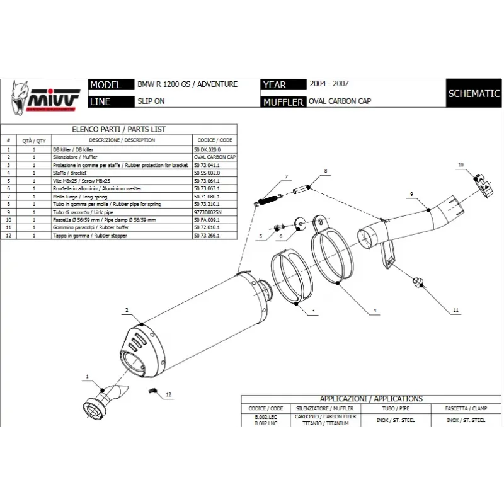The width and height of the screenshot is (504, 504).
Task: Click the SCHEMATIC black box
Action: click(474, 94)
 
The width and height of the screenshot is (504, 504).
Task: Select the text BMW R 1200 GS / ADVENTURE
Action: click(187, 84)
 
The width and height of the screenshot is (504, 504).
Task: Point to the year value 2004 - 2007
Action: click(329, 84)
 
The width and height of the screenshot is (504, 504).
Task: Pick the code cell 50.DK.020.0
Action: click(210, 149)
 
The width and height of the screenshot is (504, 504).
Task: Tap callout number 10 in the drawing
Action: click(460, 164)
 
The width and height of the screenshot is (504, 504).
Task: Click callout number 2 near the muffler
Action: click(127, 310)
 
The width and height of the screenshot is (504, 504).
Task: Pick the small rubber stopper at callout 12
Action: click(152, 391)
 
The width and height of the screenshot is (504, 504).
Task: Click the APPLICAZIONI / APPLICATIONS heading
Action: click(371, 399)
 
